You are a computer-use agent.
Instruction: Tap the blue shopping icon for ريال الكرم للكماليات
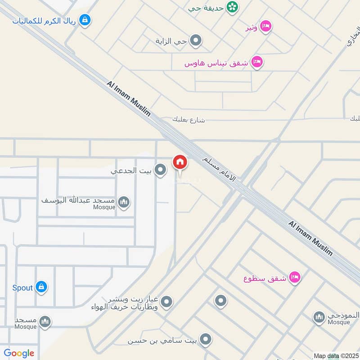(85, 20)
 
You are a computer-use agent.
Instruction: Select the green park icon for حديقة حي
(232, 7)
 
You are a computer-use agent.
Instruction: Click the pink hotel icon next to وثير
(266, 27)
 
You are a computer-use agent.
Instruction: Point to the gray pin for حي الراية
(195, 41)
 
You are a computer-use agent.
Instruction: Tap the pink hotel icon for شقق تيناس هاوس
(257, 62)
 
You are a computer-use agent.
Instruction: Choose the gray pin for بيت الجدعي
(160, 170)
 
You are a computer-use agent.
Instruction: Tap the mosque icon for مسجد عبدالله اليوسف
(124, 202)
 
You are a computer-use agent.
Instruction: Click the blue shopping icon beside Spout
(41, 287)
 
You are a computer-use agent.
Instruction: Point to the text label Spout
(22, 287)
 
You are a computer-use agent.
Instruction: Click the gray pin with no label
(220, 301)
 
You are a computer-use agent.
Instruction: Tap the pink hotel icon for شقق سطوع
(295, 277)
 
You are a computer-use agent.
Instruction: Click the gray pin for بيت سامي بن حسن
(205, 340)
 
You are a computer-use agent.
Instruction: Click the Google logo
(19, 353)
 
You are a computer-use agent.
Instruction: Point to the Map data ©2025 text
(336, 356)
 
